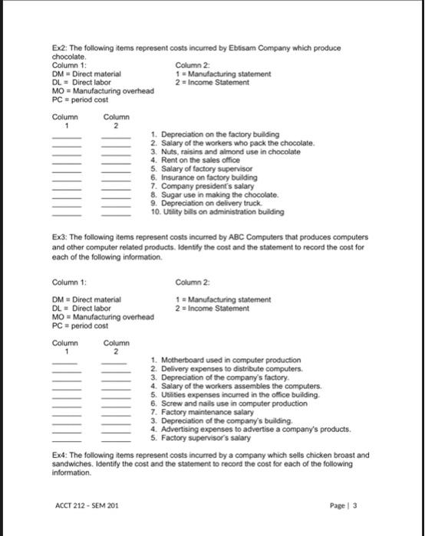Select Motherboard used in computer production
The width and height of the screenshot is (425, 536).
pos(224,360)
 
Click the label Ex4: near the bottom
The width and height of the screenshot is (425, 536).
pos(60,454)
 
